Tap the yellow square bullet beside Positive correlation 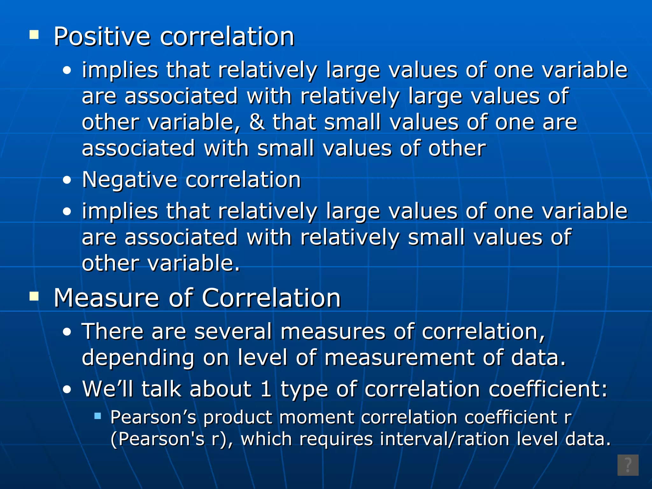pyautogui.click(x=34, y=34)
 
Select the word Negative pyautogui.click(x=129, y=180)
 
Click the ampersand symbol pyautogui.click(x=257, y=122)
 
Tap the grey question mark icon pyautogui.click(x=628, y=465)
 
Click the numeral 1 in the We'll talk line pyautogui.click(x=266, y=389)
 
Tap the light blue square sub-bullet pyautogui.click(x=98, y=415)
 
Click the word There pyautogui.click(x=113, y=331)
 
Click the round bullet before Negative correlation pyautogui.click(x=67, y=180)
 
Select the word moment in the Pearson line pyautogui.click(x=317, y=417)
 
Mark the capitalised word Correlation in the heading pyautogui.click(x=271, y=298)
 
